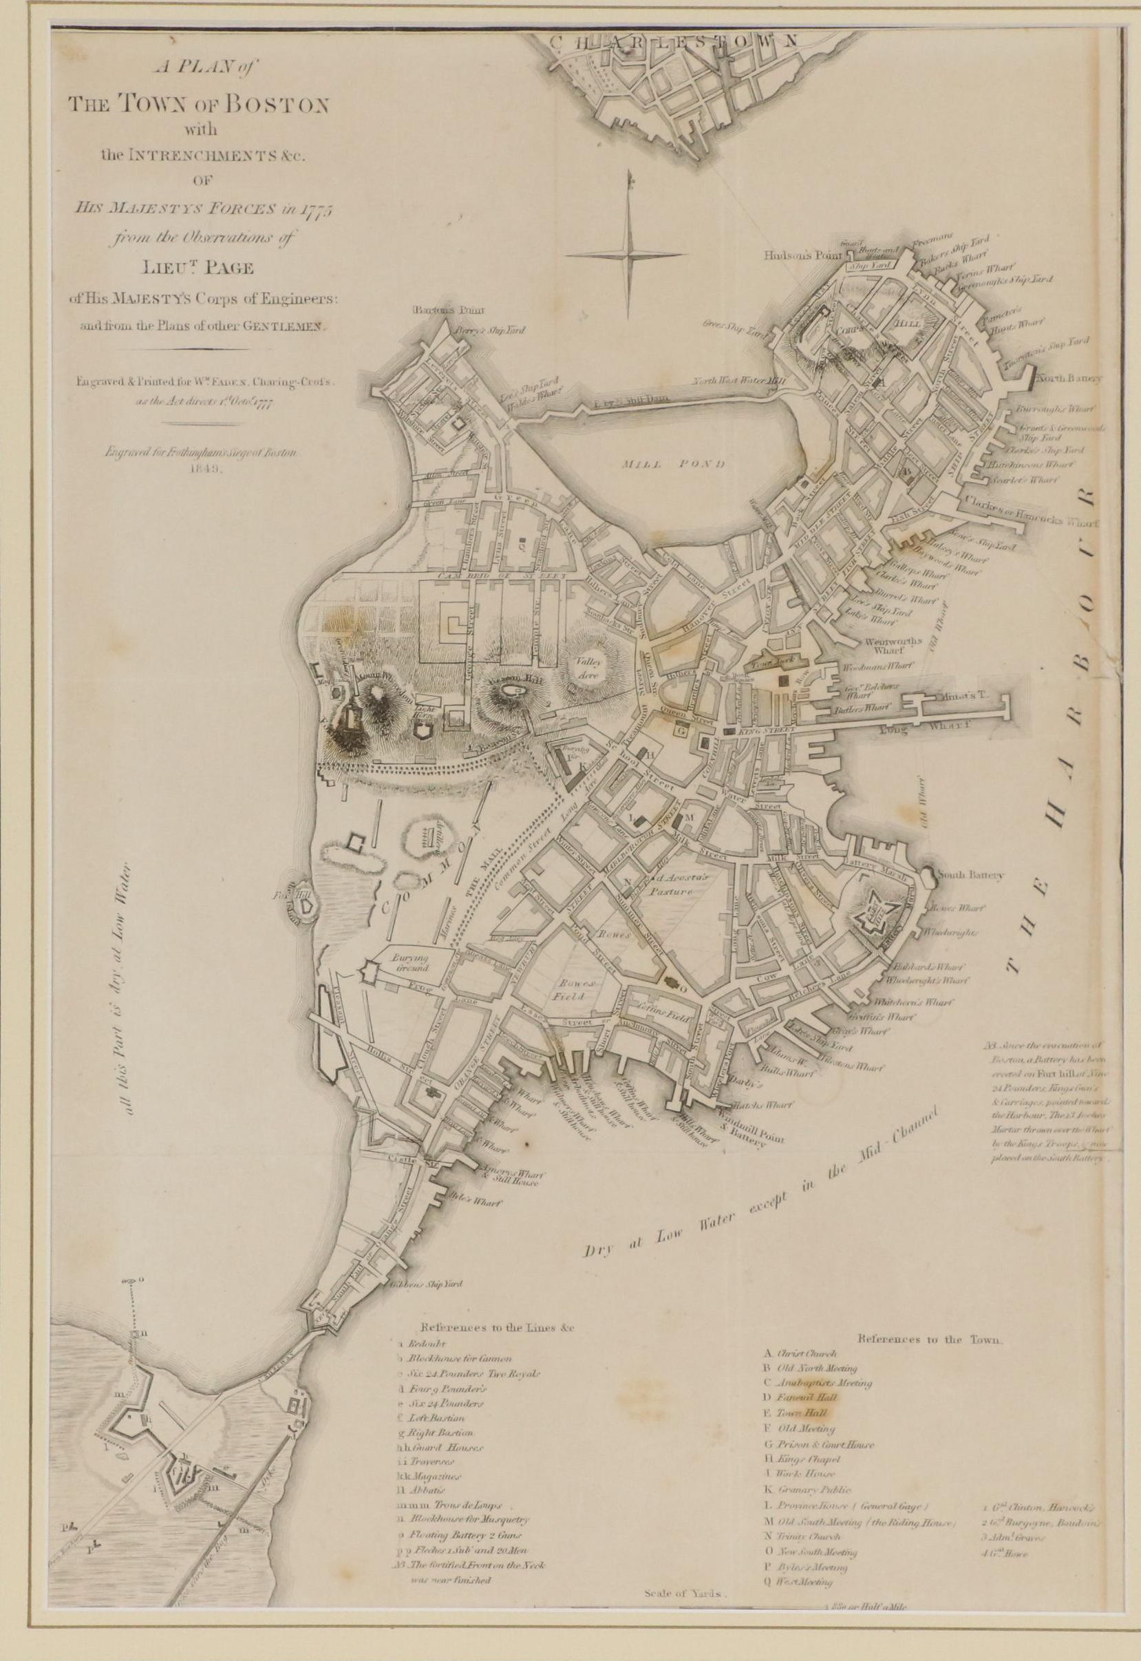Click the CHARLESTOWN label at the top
(x=674, y=42)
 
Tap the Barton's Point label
(x=438, y=310)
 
